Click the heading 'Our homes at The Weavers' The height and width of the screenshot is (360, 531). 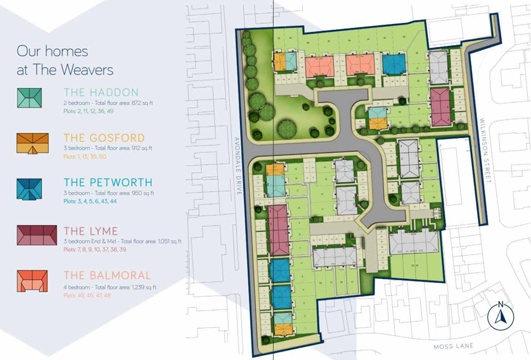click(65, 60)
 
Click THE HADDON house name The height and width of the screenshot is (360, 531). click(101, 92)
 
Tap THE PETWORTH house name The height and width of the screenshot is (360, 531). click(108, 183)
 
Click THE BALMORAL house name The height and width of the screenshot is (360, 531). click(107, 276)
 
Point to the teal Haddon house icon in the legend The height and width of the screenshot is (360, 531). click(30, 98)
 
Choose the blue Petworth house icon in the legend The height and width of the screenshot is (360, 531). click(30, 189)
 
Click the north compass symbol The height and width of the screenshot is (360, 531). click(500, 315)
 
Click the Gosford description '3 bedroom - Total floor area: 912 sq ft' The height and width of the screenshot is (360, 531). click(108, 148)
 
